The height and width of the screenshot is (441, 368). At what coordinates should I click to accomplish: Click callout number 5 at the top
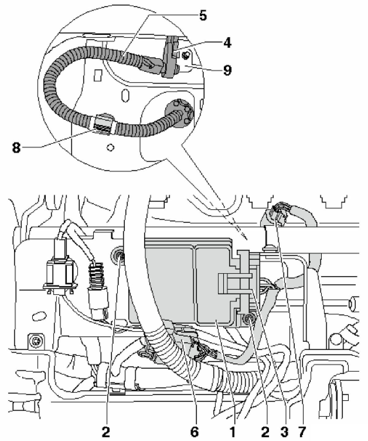pos(203,16)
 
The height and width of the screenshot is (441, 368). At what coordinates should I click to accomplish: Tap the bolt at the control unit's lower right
pos(249,320)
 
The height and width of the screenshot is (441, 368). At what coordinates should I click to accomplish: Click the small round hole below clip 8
pos(109,148)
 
